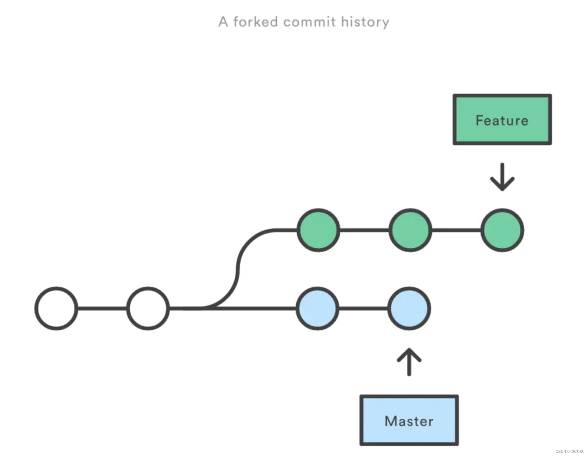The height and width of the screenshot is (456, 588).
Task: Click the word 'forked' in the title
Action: [x=255, y=22]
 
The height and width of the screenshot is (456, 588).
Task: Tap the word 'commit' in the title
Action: [x=309, y=22]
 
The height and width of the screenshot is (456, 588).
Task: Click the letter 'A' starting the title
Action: [x=223, y=22]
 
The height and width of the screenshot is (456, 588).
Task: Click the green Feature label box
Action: [x=502, y=119]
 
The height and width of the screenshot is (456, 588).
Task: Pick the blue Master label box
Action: [x=409, y=420]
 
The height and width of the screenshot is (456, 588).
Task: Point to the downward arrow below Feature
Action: [x=502, y=177]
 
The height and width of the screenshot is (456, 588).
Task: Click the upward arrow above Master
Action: [x=409, y=362]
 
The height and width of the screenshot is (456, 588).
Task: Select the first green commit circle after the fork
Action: [x=318, y=230]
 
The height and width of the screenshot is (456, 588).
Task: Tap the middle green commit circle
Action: [x=410, y=230]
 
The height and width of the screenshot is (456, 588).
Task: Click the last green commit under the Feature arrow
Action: [x=502, y=230]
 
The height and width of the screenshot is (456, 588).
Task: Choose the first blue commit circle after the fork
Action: [x=317, y=308]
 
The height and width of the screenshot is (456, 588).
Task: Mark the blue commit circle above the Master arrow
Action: [x=409, y=308]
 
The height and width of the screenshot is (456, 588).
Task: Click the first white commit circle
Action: [x=56, y=308]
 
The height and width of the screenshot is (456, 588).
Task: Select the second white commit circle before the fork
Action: [x=148, y=308]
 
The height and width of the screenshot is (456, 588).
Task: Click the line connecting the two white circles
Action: [x=102, y=308]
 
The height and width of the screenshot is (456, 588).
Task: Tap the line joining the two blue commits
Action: [x=363, y=308]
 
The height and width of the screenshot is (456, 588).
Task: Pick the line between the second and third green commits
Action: [x=456, y=230]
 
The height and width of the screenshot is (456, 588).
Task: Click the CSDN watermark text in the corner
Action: [x=569, y=451]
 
